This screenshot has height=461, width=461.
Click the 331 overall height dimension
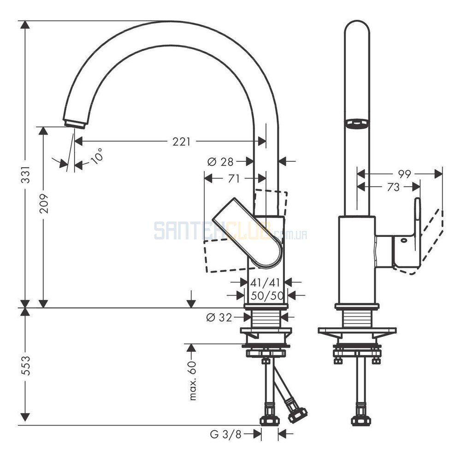point(26,174)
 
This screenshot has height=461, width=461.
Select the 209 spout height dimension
point(44,203)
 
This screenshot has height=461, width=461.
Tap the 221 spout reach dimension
point(181,142)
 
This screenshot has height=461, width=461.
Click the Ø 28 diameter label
point(220,162)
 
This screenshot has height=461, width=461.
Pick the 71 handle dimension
point(234,178)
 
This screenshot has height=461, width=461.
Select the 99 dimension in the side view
point(404,174)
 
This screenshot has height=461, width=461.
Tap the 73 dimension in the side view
point(393,187)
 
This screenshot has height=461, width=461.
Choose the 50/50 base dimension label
point(267,296)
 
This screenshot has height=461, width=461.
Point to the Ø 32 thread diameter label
point(219,317)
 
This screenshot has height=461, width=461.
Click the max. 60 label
point(193,380)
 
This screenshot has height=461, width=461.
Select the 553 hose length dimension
point(26,366)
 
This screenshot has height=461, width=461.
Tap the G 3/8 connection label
point(225,434)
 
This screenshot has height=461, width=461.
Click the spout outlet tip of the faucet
point(74,124)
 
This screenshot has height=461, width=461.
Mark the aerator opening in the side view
point(357,124)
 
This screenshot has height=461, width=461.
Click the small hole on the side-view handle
point(403,240)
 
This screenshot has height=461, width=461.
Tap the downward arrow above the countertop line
point(191,299)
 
